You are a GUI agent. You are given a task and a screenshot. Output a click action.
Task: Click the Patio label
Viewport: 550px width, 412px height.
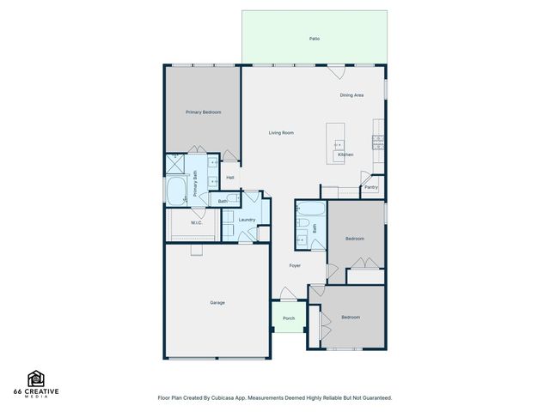coord(315,39)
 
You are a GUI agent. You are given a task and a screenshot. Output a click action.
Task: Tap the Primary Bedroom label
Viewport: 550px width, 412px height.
coord(204,112)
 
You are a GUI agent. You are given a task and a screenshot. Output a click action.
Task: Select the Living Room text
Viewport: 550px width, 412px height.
coord(281,132)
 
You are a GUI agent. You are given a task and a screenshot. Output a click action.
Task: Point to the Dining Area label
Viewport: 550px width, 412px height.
coord(351,95)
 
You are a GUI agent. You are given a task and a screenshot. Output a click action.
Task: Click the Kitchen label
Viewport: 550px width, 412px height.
coord(345,154)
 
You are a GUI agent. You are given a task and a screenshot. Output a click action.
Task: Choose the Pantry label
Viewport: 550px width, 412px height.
coord(371,186)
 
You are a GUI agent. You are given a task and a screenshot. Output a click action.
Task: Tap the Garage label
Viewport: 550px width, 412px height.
coord(217,302)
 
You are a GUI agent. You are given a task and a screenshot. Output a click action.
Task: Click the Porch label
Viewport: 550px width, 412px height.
coord(289,318)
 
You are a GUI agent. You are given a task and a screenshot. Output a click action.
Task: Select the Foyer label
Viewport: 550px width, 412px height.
coord(295,266)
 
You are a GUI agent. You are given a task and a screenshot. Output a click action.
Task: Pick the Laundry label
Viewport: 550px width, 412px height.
coord(247,220)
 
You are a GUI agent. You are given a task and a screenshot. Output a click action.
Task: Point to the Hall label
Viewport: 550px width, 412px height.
coord(230,178)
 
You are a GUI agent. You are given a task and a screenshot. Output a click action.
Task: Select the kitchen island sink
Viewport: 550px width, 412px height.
coord(339,145)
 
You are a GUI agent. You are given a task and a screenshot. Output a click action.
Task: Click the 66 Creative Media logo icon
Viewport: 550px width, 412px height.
coord(36,379)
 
